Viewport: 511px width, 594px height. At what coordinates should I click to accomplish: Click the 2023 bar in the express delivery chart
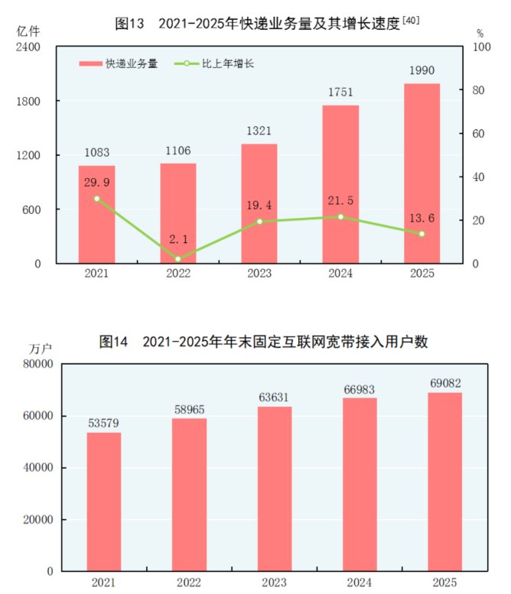259,204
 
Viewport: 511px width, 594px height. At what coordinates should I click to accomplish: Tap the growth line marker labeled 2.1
178,258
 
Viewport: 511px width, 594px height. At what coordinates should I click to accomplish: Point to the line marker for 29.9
97,199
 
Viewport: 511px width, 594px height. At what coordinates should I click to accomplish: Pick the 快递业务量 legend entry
119,64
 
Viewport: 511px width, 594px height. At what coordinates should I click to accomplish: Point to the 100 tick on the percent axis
481,47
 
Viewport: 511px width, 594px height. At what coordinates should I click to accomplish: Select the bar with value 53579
103,501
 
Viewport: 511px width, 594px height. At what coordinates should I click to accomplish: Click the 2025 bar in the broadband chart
444,482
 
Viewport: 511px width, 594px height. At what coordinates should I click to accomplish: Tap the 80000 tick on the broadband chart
37,364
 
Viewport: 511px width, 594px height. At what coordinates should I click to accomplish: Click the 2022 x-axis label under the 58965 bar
188,583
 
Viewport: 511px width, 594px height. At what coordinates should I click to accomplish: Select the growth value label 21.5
340,200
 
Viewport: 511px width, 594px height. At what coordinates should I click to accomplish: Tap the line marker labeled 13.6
421,234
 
